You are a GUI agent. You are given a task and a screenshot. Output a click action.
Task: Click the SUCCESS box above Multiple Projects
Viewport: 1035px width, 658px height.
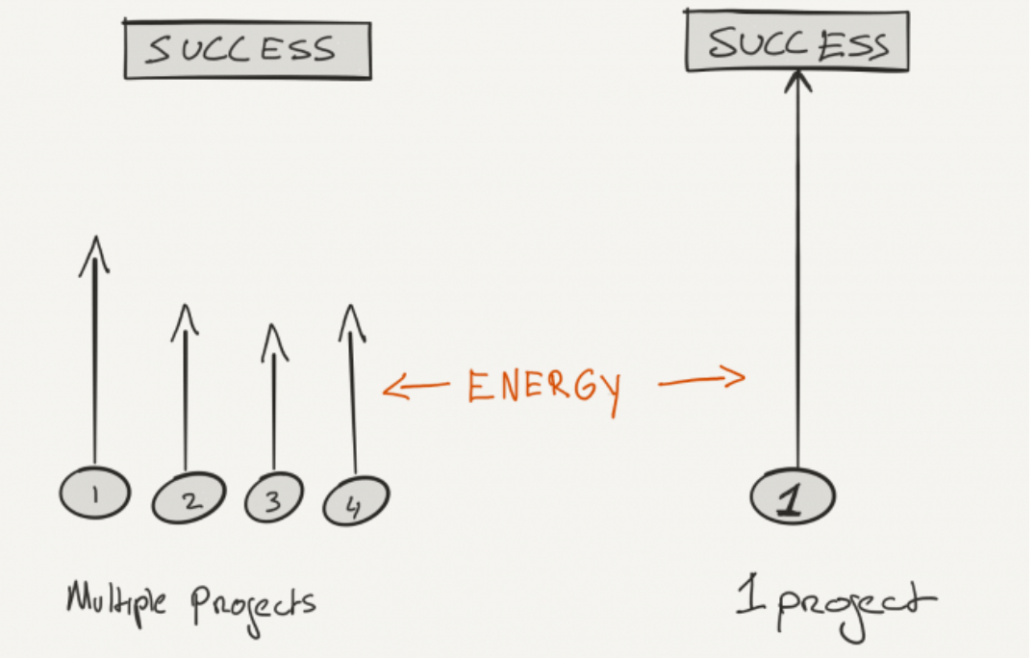[247, 50]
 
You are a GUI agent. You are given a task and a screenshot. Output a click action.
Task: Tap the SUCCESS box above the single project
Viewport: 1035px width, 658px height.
[796, 42]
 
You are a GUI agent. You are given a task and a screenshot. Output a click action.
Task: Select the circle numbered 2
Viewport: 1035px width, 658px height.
[189, 498]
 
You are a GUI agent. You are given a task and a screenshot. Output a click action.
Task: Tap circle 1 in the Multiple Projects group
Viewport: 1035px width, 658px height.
[94, 493]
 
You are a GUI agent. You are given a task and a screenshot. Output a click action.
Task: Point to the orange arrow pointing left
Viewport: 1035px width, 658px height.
[415, 388]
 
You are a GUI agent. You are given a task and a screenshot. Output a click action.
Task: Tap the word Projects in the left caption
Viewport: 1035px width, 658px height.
[252, 604]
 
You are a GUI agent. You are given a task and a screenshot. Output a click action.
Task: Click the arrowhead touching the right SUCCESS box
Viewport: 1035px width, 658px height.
[795, 80]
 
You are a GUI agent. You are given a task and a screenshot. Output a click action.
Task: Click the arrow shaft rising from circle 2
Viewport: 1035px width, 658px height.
[185, 404]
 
